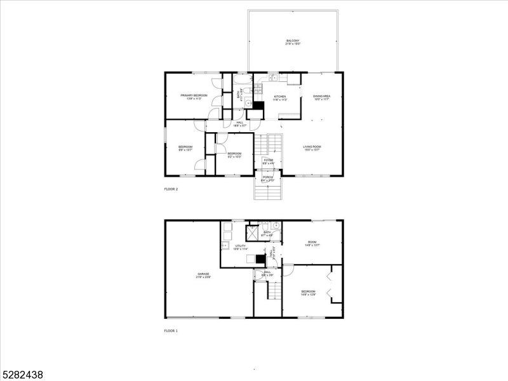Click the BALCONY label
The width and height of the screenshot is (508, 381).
coord(293,41)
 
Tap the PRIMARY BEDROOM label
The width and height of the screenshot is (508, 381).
coord(194,95)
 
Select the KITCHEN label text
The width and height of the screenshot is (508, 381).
coord(280,97)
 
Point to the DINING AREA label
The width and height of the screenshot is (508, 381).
coord(322,96)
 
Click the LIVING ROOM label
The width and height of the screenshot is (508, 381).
coord(312,147)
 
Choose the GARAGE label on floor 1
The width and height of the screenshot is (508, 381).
coord(203,274)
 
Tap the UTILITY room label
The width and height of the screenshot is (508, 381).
coord(241,245)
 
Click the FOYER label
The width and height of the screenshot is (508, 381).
coord(269,160)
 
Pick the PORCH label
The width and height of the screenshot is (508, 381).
coord(268,177)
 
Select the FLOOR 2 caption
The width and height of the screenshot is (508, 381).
coord(171,189)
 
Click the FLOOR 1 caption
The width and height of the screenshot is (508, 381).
coord(171,331)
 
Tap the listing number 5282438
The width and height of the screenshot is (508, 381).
coord(22,375)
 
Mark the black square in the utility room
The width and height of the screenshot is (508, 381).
coord(260,258)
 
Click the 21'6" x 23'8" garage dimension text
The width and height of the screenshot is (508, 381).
coord(203,277)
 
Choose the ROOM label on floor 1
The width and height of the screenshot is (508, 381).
coord(312,241)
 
